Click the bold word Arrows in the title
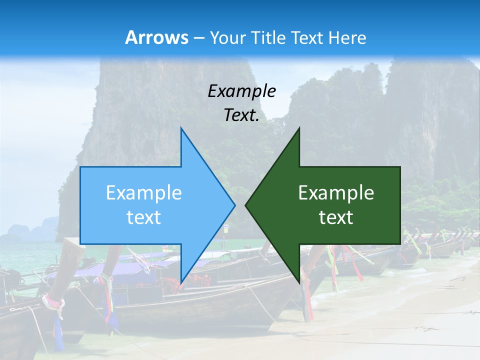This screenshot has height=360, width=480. point(156,37)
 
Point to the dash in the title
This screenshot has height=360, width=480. point(198,38)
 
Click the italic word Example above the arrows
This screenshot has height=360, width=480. point(242,91)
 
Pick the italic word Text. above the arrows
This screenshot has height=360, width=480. point(242,115)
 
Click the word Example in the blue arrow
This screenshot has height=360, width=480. point(144,192)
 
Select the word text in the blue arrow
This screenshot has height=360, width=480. point(144,217)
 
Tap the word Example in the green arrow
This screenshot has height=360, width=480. point(336,192)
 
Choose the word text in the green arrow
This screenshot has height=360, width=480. point(336,217)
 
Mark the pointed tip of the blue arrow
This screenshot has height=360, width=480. point(235,204)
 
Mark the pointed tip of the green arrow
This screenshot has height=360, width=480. point(245,204)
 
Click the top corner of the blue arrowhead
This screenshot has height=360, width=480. point(181,128)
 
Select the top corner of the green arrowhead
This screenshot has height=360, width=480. point(299,128)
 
